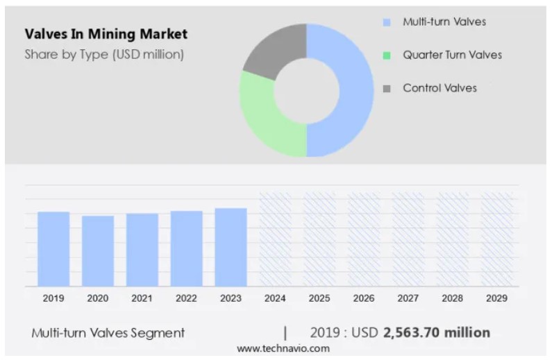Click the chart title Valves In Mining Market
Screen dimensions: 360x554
[106, 34]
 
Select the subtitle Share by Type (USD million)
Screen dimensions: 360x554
[104, 55]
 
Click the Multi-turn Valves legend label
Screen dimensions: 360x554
[444, 22]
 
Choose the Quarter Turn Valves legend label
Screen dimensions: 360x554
[452, 55]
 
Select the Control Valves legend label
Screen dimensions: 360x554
[439, 88]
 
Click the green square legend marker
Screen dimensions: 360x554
[387, 55]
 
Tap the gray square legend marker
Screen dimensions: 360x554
[387, 89]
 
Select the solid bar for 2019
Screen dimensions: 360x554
[53, 249]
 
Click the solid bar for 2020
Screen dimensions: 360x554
[98, 251]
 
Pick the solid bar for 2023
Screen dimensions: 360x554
[230, 247]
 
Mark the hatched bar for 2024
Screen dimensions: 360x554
[275, 239]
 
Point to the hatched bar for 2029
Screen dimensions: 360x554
[496, 239]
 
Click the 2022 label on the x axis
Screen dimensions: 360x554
[186, 298]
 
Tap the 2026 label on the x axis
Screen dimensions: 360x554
[364, 298]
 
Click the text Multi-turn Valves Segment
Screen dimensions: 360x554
[108, 333]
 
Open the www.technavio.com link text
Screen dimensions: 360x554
[283, 349]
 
